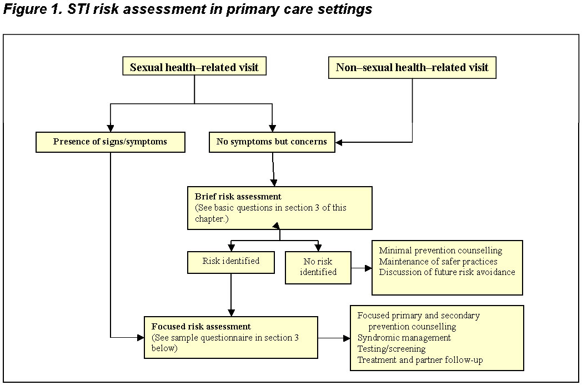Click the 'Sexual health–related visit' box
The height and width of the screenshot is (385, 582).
coord(194,68)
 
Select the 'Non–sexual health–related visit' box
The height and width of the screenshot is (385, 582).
coord(412,68)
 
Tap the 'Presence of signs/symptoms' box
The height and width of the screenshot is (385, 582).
coord(110,142)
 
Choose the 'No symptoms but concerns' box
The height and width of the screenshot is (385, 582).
coord(272,142)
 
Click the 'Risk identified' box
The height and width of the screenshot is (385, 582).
coord(231,261)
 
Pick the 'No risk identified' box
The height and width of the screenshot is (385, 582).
coord(318,267)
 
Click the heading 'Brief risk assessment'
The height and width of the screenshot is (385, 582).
coord(238,197)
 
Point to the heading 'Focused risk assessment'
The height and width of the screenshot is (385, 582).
coord(201,326)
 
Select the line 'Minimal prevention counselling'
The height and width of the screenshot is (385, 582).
coord(440,251)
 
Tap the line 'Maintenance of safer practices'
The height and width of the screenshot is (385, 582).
coord(438,261)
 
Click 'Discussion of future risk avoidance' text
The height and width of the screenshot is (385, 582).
coord(447,272)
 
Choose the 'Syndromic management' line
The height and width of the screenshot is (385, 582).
coord(404,337)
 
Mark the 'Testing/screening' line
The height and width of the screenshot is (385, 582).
coord(392,348)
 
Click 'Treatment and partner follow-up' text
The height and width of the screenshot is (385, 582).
coord(420,359)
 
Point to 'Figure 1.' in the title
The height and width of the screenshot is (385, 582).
coord(26,9)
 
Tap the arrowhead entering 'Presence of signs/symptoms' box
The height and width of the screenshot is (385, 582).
coord(110,127)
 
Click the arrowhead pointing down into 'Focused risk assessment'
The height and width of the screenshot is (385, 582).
coord(231,312)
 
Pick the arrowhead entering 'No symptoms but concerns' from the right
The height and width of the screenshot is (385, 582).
coord(340,142)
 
